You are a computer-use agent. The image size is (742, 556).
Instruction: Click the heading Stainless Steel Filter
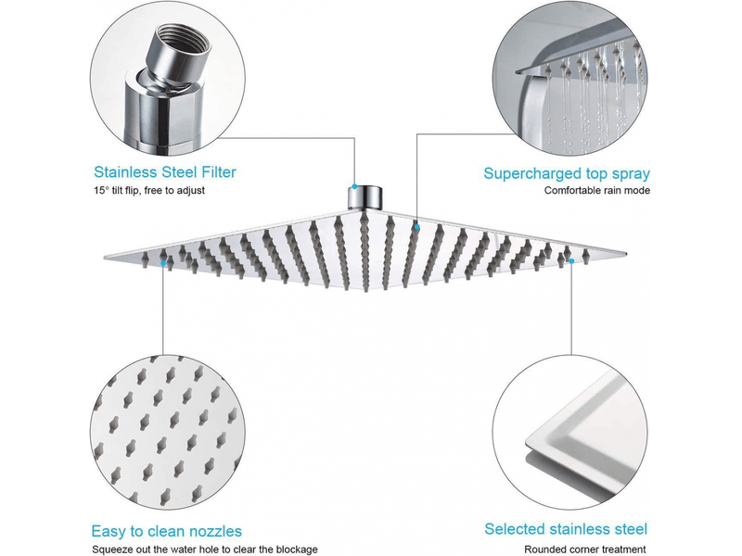pyautogui.click(x=165, y=172)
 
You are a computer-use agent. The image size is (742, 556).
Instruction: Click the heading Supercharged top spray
pyautogui.click(x=567, y=173)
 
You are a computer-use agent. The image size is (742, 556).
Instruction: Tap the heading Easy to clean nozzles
pyautogui.click(x=166, y=531)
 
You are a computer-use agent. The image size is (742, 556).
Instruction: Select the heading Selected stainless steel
pyautogui.click(x=566, y=528)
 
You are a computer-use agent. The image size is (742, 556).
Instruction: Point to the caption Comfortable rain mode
pyautogui.click(x=596, y=190)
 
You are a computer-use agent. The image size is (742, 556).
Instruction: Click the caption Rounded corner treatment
pyautogui.click(x=585, y=550)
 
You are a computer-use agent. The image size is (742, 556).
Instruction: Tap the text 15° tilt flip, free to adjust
pyautogui.click(x=149, y=190)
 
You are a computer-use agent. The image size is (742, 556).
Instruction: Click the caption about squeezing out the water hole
pyautogui.click(x=204, y=550)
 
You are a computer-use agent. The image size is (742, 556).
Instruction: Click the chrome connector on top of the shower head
pyautogui.click(x=365, y=197)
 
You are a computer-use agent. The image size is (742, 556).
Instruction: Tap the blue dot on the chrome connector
pyautogui.click(x=354, y=187)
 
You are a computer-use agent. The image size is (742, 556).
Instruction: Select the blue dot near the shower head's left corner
pyautogui.click(x=163, y=262)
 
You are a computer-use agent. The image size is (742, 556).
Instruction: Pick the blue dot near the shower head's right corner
pyautogui.click(x=571, y=261)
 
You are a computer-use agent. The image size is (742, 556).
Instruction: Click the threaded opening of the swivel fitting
pyautogui.click(x=184, y=38)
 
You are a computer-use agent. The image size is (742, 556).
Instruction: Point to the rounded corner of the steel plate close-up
pyautogui.click(x=532, y=442)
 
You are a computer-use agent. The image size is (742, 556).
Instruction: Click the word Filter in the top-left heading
pyautogui.click(x=218, y=172)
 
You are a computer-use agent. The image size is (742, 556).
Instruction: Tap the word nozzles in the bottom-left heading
pyautogui.click(x=213, y=532)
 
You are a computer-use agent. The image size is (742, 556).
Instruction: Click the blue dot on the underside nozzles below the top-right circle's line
pyautogui.click(x=416, y=227)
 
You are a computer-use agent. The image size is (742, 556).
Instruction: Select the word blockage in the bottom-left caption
pyautogui.click(x=296, y=550)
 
